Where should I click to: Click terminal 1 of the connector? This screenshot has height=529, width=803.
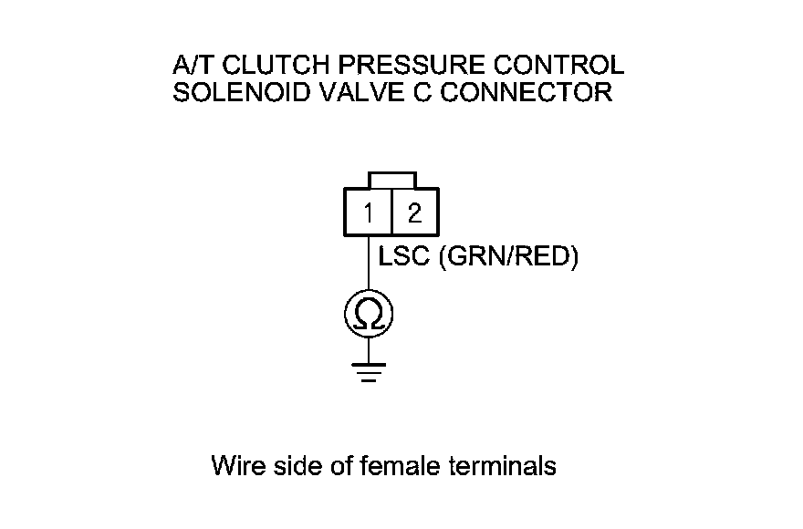click(x=368, y=213)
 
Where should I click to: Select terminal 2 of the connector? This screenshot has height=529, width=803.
click(x=414, y=213)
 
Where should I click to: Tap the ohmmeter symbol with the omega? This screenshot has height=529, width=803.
click(x=368, y=315)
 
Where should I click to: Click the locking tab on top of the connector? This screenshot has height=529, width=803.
click(x=391, y=180)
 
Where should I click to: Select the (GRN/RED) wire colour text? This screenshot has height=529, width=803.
click(x=509, y=258)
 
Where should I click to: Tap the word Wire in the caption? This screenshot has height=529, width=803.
click(x=235, y=466)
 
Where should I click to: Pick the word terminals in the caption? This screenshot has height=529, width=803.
click(x=503, y=466)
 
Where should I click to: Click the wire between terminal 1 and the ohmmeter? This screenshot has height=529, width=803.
click(x=368, y=264)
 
